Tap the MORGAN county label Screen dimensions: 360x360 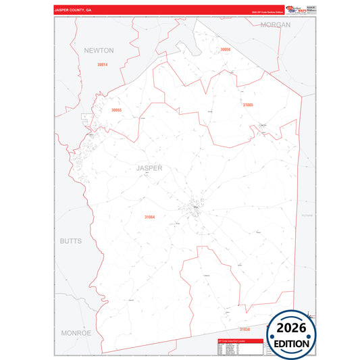276,24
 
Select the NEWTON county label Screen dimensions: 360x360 99,51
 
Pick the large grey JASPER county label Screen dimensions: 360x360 149,168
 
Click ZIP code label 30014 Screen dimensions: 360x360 102,64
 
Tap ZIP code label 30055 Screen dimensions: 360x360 116,109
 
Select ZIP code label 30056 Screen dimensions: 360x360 225,49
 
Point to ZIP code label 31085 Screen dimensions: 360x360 248,105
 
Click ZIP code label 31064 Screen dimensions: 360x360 149,217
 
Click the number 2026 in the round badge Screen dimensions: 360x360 292,328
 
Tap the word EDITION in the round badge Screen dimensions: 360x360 292,343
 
